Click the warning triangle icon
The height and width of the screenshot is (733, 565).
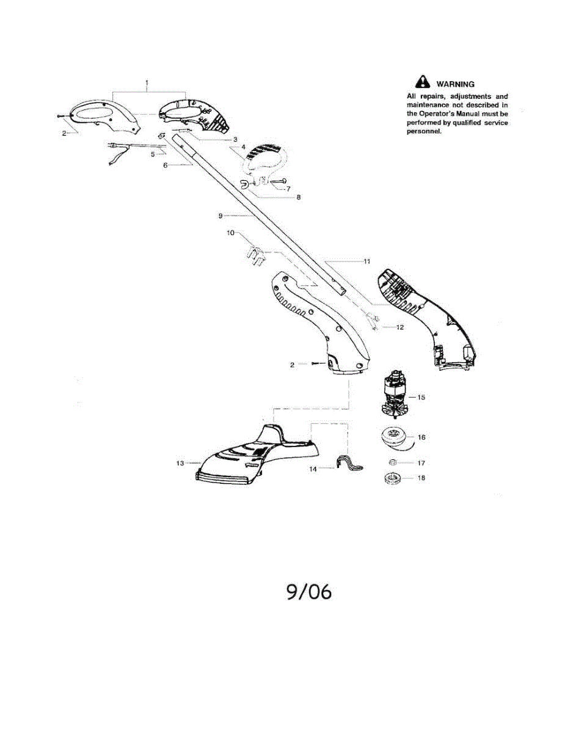pos(421,84)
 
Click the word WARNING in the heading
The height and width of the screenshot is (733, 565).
pos(455,84)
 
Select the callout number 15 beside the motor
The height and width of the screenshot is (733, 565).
pos(421,397)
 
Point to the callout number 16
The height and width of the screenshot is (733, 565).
pos(421,437)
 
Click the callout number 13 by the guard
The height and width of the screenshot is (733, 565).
pos(180,464)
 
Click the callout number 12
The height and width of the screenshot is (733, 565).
pos(400,327)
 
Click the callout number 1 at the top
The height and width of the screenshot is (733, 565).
pos(147,81)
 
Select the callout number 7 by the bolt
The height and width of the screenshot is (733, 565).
pos(288,189)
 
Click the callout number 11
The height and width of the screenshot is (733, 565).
pos(367,261)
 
